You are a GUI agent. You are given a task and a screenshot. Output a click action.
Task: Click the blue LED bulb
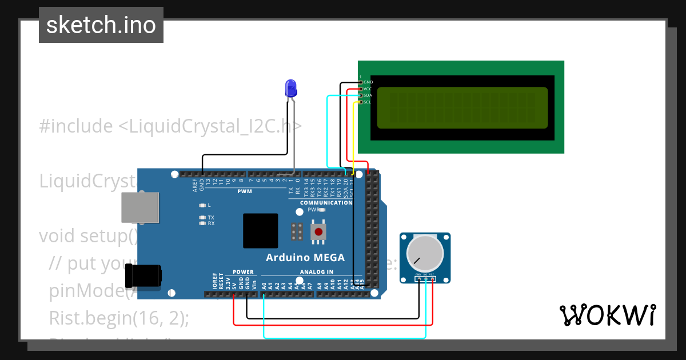tap(291, 88)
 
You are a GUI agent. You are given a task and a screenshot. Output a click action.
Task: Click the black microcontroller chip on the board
tap(260, 231)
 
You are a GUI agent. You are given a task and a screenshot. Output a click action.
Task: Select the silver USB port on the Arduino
tap(140, 207)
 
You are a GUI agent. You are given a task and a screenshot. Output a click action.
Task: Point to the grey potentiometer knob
tap(425, 254)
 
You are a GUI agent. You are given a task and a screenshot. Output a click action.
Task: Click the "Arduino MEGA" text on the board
tap(305, 258)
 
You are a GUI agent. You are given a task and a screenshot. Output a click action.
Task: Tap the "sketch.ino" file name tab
tap(101, 25)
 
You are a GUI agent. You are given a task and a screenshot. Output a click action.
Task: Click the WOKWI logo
tap(607, 315)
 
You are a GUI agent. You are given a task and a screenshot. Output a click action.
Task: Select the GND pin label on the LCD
tap(368, 82)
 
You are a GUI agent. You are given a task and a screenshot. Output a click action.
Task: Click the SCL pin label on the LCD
tap(368, 102)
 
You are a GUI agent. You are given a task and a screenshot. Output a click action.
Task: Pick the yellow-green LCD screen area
tap(462, 108)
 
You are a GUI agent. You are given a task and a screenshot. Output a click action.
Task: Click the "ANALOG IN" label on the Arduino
tap(316, 272)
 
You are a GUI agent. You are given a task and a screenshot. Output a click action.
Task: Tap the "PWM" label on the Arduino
tap(245, 191)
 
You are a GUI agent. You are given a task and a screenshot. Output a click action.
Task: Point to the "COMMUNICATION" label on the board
tap(326, 203)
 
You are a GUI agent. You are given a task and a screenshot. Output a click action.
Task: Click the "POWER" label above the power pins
tap(243, 272)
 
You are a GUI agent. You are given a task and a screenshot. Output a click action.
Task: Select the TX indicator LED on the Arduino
tap(202, 218)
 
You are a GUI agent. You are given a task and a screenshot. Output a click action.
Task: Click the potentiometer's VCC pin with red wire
tap(432, 279)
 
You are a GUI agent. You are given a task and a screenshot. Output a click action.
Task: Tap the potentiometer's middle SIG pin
tap(425, 279)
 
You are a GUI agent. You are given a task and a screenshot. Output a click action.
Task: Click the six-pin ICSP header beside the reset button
tap(297, 231)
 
